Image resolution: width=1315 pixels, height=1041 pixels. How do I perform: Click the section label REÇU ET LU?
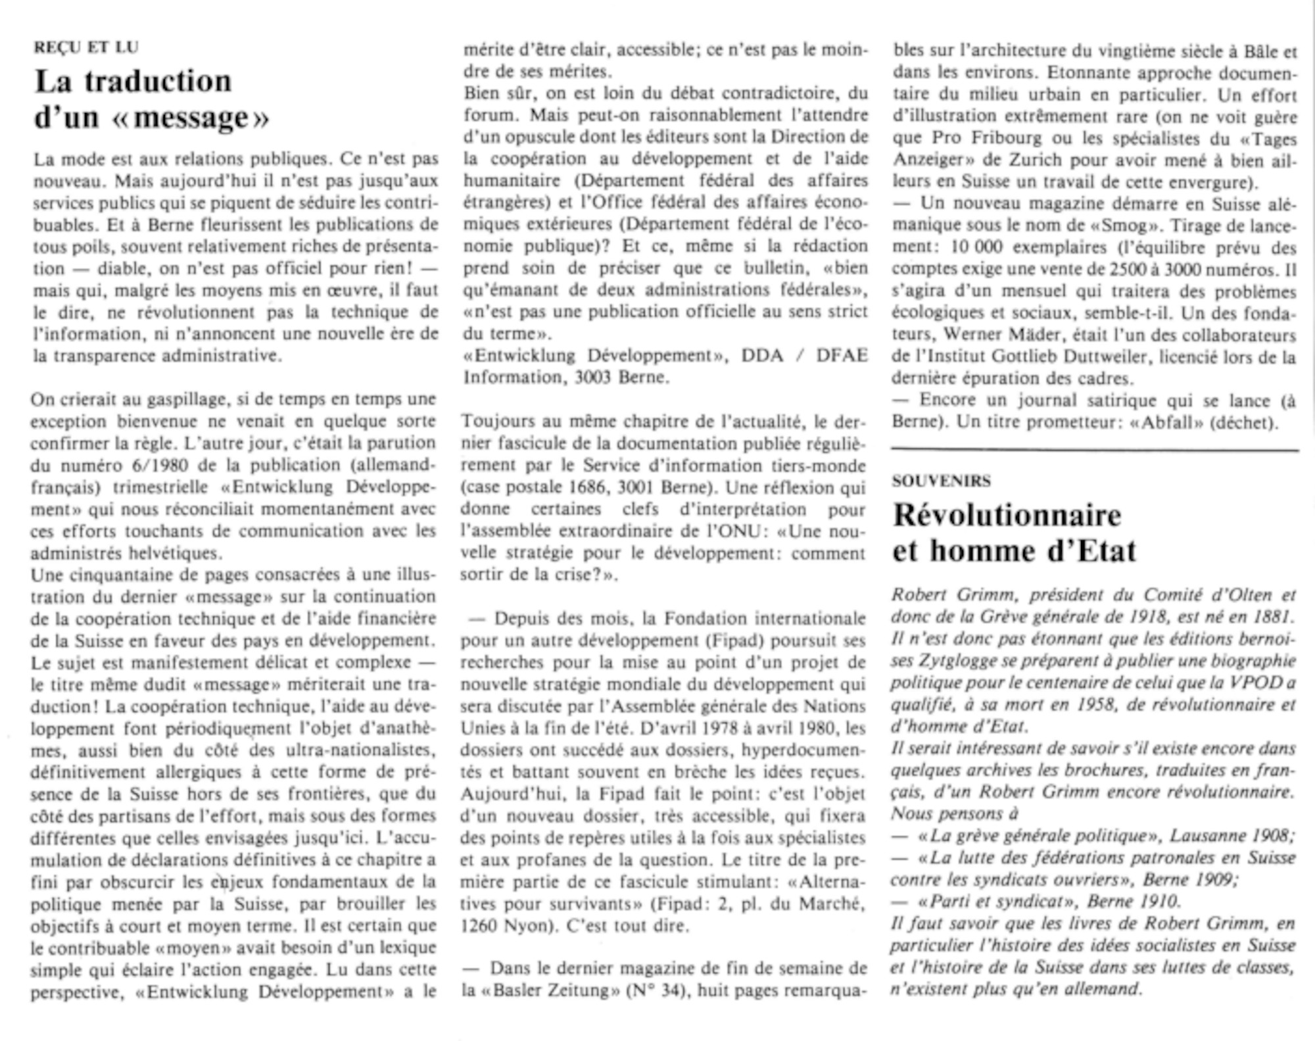[x=86, y=47]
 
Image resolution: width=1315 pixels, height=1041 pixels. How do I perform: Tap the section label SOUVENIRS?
[x=941, y=481]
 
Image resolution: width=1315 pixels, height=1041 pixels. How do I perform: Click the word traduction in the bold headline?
[x=158, y=82]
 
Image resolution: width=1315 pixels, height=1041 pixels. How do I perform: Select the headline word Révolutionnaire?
[x=1007, y=515]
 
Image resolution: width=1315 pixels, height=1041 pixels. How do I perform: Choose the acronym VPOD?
[x=1253, y=683]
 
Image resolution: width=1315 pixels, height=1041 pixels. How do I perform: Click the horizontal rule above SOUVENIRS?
[x=1095, y=450]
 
